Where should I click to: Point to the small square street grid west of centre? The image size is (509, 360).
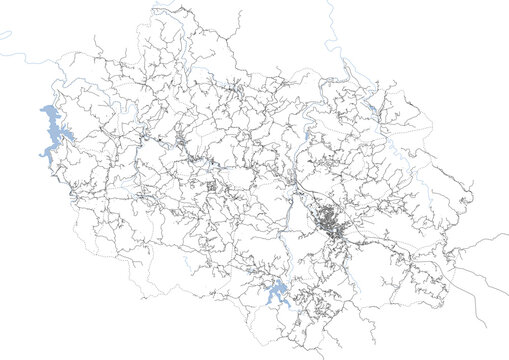click(211, 188)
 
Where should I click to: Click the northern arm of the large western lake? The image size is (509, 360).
click(44, 112)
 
